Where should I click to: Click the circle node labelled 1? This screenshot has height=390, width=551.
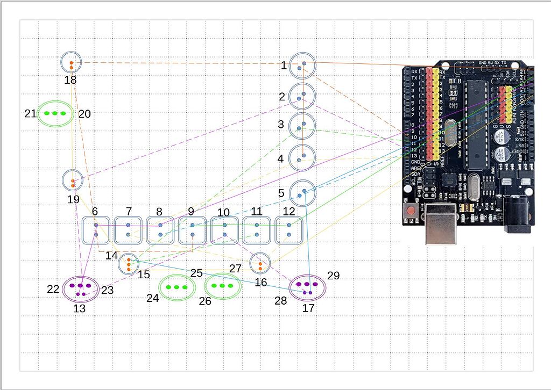click(302, 66)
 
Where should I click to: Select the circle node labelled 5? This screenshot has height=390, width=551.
click(302, 192)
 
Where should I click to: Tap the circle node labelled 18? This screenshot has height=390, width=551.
click(71, 63)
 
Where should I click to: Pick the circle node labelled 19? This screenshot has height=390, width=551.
click(72, 180)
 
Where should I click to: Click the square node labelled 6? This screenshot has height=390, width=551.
click(96, 230)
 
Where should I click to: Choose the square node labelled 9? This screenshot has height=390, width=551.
click(193, 230)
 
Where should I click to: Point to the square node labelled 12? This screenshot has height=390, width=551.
click(289, 230)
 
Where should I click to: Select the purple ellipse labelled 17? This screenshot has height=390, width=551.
click(308, 287)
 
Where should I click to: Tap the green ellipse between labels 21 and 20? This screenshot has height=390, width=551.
click(55, 113)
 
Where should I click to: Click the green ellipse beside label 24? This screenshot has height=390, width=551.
click(177, 287)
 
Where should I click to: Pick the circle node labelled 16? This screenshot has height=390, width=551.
click(260, 263)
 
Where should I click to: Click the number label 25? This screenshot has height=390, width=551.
click(196, 273)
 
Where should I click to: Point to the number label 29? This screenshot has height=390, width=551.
click(333, 276)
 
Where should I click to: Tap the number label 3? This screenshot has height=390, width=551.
click(280, 124)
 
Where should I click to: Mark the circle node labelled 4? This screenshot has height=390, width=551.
click(302, 158)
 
